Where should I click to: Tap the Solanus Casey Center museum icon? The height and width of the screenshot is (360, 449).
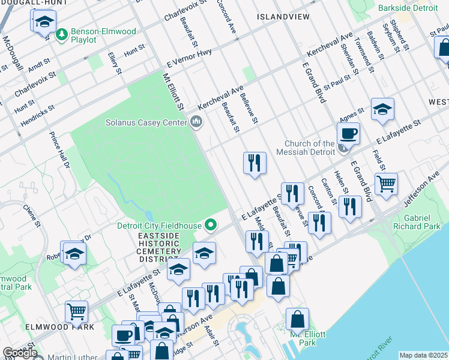point(196,122)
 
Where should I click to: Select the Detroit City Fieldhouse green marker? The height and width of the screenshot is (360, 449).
point(210,226)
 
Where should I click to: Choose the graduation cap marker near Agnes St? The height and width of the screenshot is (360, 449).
point(382,110)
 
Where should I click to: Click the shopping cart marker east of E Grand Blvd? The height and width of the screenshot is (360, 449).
point(385,184)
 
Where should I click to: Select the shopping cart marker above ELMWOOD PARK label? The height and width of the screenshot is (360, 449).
point(77,311)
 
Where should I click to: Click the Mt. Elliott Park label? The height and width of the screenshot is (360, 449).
point(303,338)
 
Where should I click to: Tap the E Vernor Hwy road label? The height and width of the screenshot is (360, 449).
point(190,59)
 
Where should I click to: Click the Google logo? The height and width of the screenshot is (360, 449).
point(20,353)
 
